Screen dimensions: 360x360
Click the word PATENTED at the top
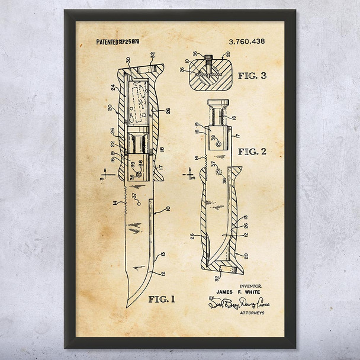pyautogui.click(x=107, y=43)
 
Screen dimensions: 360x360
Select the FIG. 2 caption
pyautogui.click(x=252, y=152)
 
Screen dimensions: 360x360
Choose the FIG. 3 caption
pyautogui.click(x=252, y=76)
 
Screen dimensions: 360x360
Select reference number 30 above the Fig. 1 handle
pyautogui.click(x=127, y=59)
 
